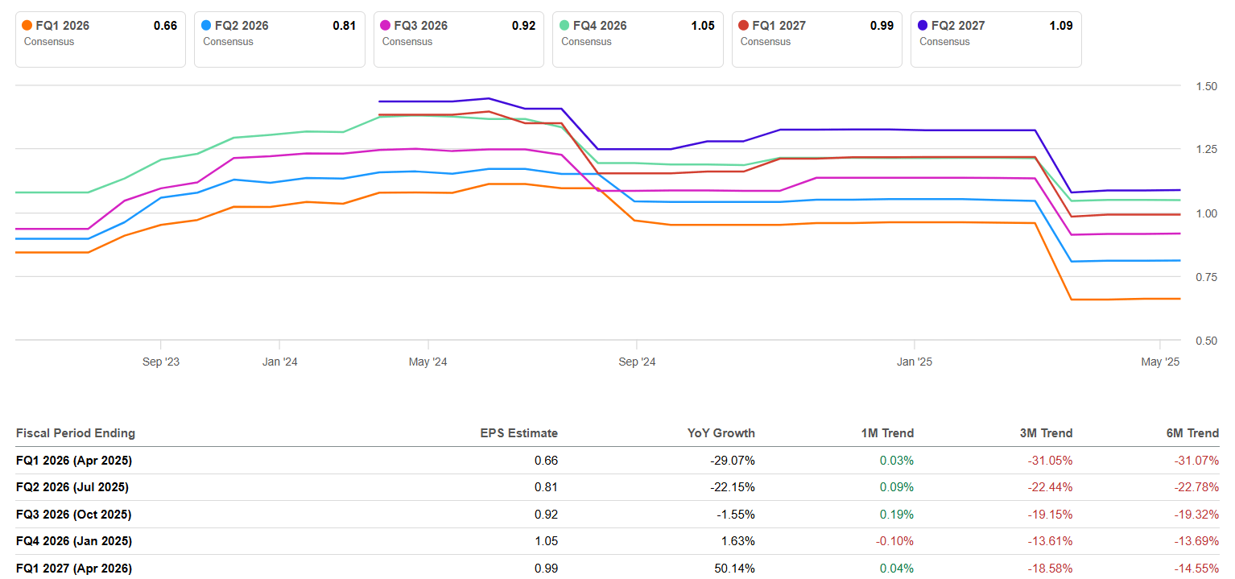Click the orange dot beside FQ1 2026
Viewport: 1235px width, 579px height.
point(27,26)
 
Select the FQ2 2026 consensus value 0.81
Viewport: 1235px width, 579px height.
point(344,26)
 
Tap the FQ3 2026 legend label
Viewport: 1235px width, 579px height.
point(420,26)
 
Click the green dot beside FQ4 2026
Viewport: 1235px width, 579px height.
point(564,26)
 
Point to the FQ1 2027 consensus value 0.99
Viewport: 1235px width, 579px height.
point(882,26)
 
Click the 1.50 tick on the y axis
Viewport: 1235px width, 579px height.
point(1200,86)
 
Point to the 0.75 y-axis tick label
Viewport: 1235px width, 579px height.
point(1200,277)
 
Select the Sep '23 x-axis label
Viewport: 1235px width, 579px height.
point(161,362)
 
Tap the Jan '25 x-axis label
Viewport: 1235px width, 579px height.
point(915,362)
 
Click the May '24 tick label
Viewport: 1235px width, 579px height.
point(428,362)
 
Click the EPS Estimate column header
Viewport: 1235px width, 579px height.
point(518,433)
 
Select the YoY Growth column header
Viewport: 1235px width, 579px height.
point(721,433)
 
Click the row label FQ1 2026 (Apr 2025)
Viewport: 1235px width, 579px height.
point(74,461)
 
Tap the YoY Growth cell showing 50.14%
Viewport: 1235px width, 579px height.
point(736,569)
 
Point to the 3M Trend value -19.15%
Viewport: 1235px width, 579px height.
point(1051,515)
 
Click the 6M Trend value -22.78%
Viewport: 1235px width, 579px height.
point(1198,487)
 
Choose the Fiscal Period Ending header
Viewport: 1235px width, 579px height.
point(76,433)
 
